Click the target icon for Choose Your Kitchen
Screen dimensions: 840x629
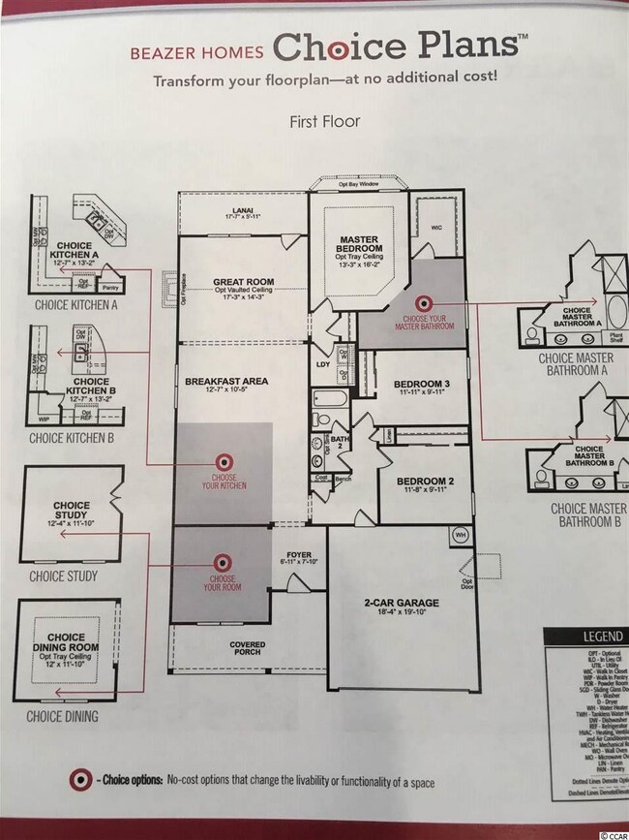point(222,461)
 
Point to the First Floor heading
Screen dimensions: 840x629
point(324,123)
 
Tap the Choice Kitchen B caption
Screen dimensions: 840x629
point(73,438)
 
